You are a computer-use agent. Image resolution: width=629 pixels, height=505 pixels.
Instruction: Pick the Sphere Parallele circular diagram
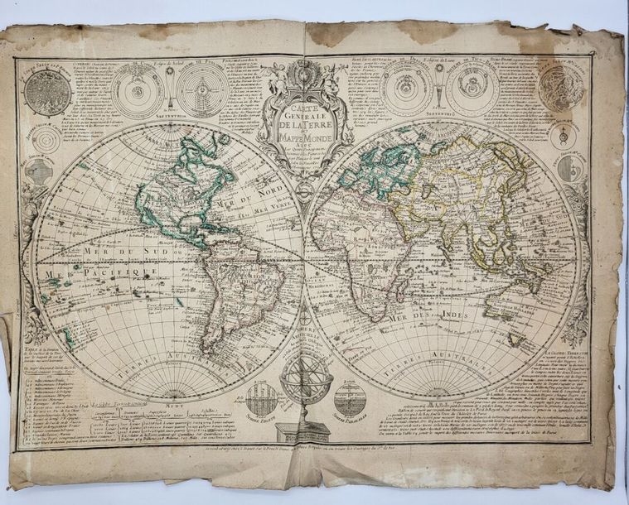[x=348, y=399]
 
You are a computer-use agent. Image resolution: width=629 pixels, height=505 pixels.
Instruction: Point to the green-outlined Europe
[x=373, y=170]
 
